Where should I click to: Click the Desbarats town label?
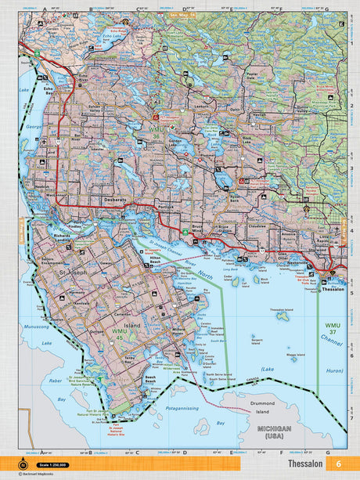115,200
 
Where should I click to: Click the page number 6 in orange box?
337,464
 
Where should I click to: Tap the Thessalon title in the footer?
305,464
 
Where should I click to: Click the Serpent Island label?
254,342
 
